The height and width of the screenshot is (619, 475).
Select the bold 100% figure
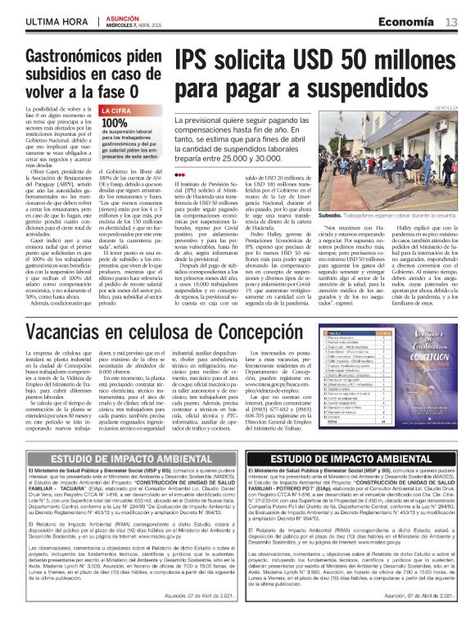pos(115,124)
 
